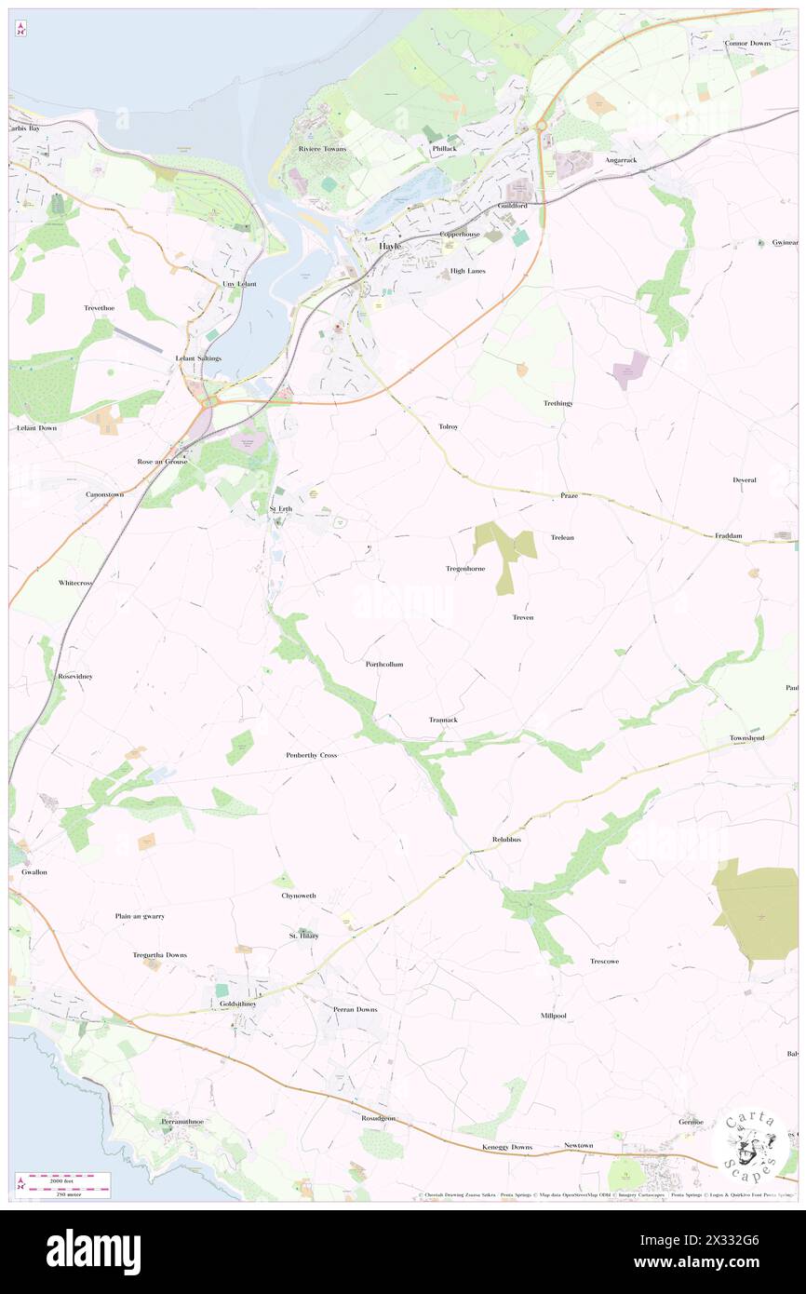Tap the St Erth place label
point(280,508)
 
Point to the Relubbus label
point(506,839)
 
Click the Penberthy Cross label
point(311,755)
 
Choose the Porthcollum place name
point(384,664)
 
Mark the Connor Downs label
point(749,44)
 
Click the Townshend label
point(746,738)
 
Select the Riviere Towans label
point(322,149)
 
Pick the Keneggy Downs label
point(508,1147)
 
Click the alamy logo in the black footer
point(93,1250)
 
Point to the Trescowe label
point(604,961)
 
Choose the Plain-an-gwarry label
point(140,916)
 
